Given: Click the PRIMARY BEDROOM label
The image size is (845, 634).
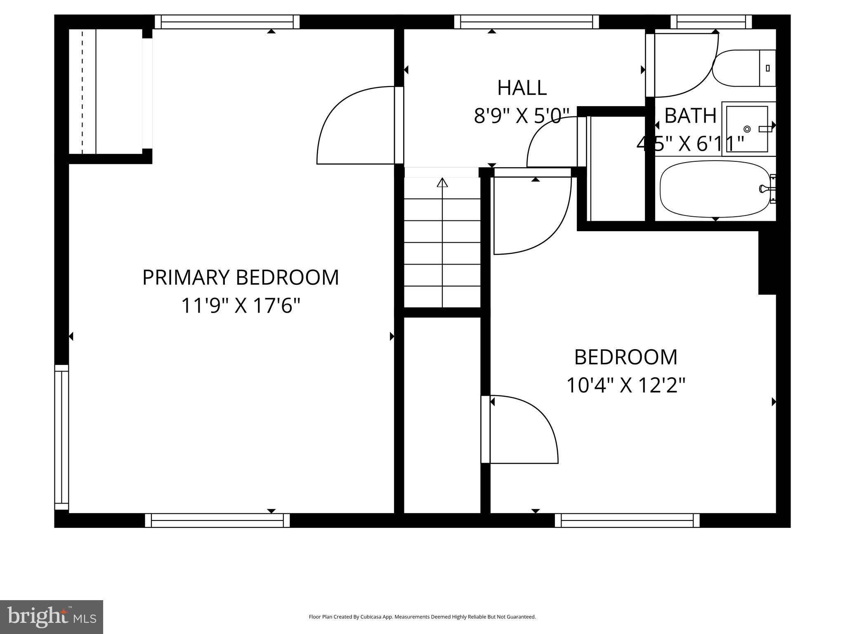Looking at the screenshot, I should pos(241,277).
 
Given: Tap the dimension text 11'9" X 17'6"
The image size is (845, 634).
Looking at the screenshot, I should pos(241,306).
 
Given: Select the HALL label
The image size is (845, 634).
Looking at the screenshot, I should pos(522,88).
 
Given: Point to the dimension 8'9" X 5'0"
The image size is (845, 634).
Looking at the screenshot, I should pos(522,116).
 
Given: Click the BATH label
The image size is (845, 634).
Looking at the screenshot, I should pos(690,116).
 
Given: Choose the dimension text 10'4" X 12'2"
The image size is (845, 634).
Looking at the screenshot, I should pos(625,386).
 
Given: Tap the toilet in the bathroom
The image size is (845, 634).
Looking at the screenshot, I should pos(743,68).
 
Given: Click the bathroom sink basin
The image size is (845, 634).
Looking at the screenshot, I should pos(747,129).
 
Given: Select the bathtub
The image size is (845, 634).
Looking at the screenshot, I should pos(715,189).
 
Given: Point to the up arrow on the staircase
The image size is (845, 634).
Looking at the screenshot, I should pos(442,182).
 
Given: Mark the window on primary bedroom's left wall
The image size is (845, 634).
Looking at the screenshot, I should pos(61,438).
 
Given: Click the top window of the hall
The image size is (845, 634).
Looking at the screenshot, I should pos(526,22).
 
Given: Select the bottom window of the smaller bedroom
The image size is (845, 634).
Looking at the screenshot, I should pos(627,520).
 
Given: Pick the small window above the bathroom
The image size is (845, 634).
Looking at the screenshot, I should pos(711,22).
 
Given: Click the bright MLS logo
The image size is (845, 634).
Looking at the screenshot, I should pos(52,617).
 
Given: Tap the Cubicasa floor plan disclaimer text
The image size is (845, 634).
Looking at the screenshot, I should pos(422,617).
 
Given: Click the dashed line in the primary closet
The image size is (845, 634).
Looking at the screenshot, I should pos(82,92).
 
